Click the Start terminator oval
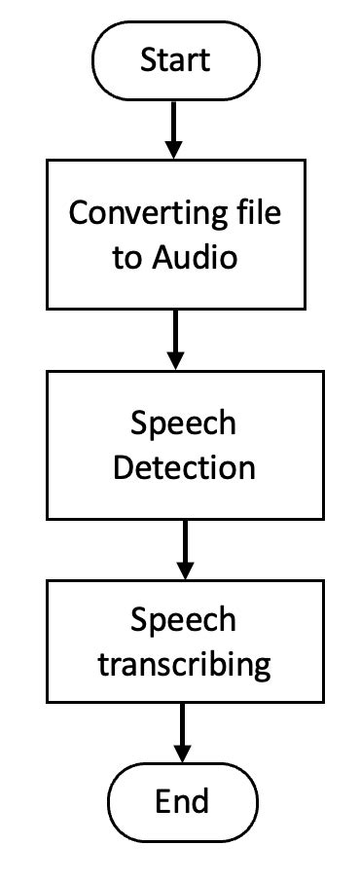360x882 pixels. click(x=175, y=59)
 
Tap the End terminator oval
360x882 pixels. click(x=182, y=801)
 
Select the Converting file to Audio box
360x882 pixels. click(x=175, y=234)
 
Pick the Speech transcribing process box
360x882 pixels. click(x=183, y=642)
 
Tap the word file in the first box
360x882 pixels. click(x=255, y=213)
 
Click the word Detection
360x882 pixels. click(x=183, y=467)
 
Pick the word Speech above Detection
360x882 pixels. click(x=183, y=423)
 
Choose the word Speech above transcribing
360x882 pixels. click(x=183, y=620)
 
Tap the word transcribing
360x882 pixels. click(x=183, y=665)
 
